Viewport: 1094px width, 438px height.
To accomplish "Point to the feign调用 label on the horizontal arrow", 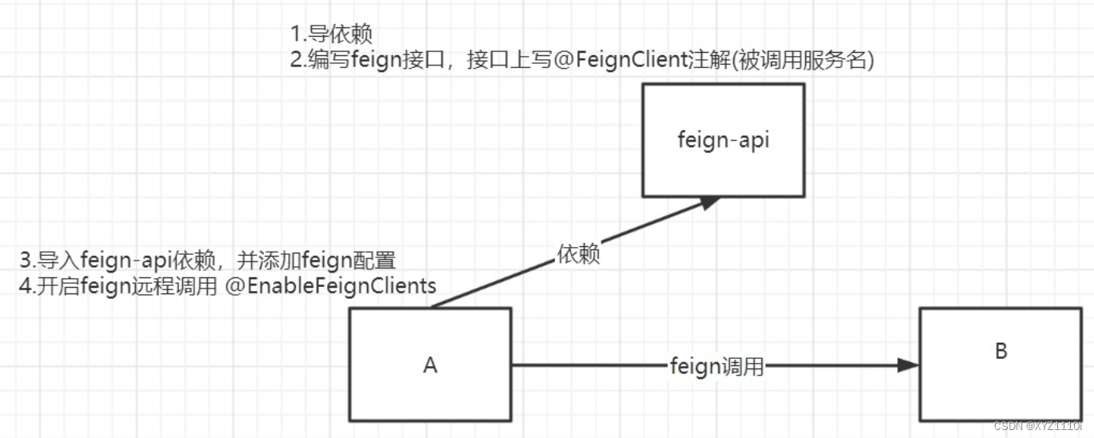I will click(x=717, y=367).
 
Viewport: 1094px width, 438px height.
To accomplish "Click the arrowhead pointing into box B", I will click(x=908, y=365).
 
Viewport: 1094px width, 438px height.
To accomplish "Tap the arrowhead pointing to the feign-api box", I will click(x=707, y=202).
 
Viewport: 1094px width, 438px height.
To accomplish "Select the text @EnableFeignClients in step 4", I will click(x=330, y=285).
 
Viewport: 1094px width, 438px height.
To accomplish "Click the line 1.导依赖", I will click(x=331, y=34).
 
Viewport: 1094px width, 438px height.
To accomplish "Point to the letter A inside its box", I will click(x=430, y=365).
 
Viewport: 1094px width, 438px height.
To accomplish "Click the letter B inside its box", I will click(x=1000, y=351).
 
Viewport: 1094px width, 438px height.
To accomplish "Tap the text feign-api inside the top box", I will click(x=723, y=139).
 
